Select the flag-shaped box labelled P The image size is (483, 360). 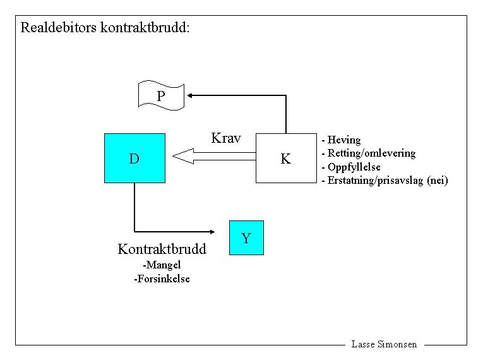[x=161, y=96]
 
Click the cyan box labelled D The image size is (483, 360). [x=134, y=158]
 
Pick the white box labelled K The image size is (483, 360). [x=285, y=159]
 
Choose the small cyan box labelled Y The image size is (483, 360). [x=246, y=238]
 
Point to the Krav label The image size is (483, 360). [x=226, y=138]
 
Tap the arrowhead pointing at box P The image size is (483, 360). [x=191, y=95]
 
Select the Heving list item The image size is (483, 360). [x=344, y=140]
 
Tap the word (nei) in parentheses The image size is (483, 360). [x=438, y=181]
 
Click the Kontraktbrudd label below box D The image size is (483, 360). [x=162, y=249]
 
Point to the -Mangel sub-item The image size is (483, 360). [x=162, y=265]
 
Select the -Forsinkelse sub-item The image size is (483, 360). [x=162, y=279]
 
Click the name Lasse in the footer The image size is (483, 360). [x=363, y=345]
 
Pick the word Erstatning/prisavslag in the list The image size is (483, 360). [x=376, y=181]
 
